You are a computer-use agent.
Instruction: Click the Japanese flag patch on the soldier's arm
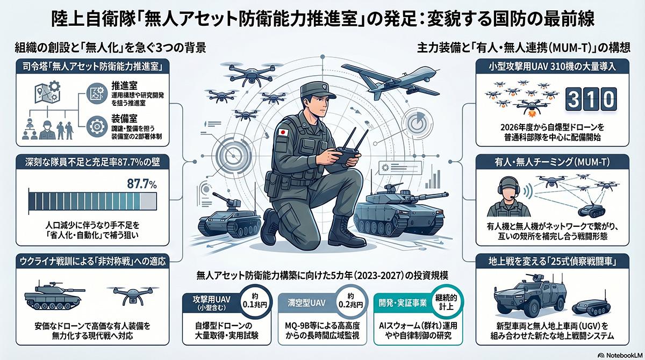[283, 132]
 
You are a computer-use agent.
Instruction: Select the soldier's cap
[318, 90]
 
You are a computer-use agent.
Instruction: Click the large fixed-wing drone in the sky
[391, 80]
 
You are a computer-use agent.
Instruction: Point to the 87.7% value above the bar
[142, 184]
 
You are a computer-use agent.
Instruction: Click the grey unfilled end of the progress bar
[148, 201]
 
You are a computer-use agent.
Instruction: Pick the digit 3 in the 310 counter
[574, 99]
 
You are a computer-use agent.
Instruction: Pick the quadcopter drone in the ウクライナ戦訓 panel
[133, 295]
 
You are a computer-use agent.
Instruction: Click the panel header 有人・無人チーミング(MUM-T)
[553, 163]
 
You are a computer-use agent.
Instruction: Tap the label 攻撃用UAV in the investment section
[211, 300]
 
